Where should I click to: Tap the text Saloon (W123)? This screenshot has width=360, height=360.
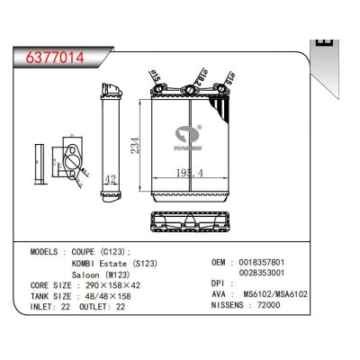[x=103, y=279]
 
